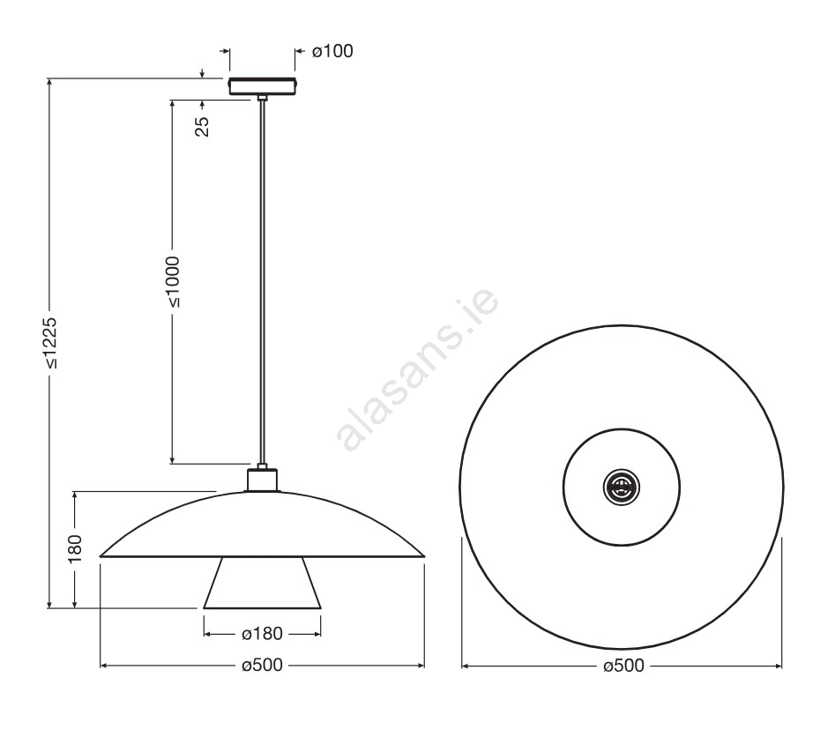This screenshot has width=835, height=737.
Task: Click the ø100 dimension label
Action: [x=332, y=51]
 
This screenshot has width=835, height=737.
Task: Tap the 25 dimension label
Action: [x=203, y=127]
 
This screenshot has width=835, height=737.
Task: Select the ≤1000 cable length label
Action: [x=173, y=282]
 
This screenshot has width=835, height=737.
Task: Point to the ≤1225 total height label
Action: [x=50, y=344]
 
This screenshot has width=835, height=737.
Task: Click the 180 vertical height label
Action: [x=75, y=548]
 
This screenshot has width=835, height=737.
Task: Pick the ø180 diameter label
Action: [x=262, y=634]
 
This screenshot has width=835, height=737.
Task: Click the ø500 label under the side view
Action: [x=262, y=666]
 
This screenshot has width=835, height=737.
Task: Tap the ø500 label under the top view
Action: [x=623, y=666]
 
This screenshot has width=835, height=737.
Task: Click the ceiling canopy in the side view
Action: [x=262, y=86]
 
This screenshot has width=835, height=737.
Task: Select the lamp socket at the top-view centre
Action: [x=622, y=487]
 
